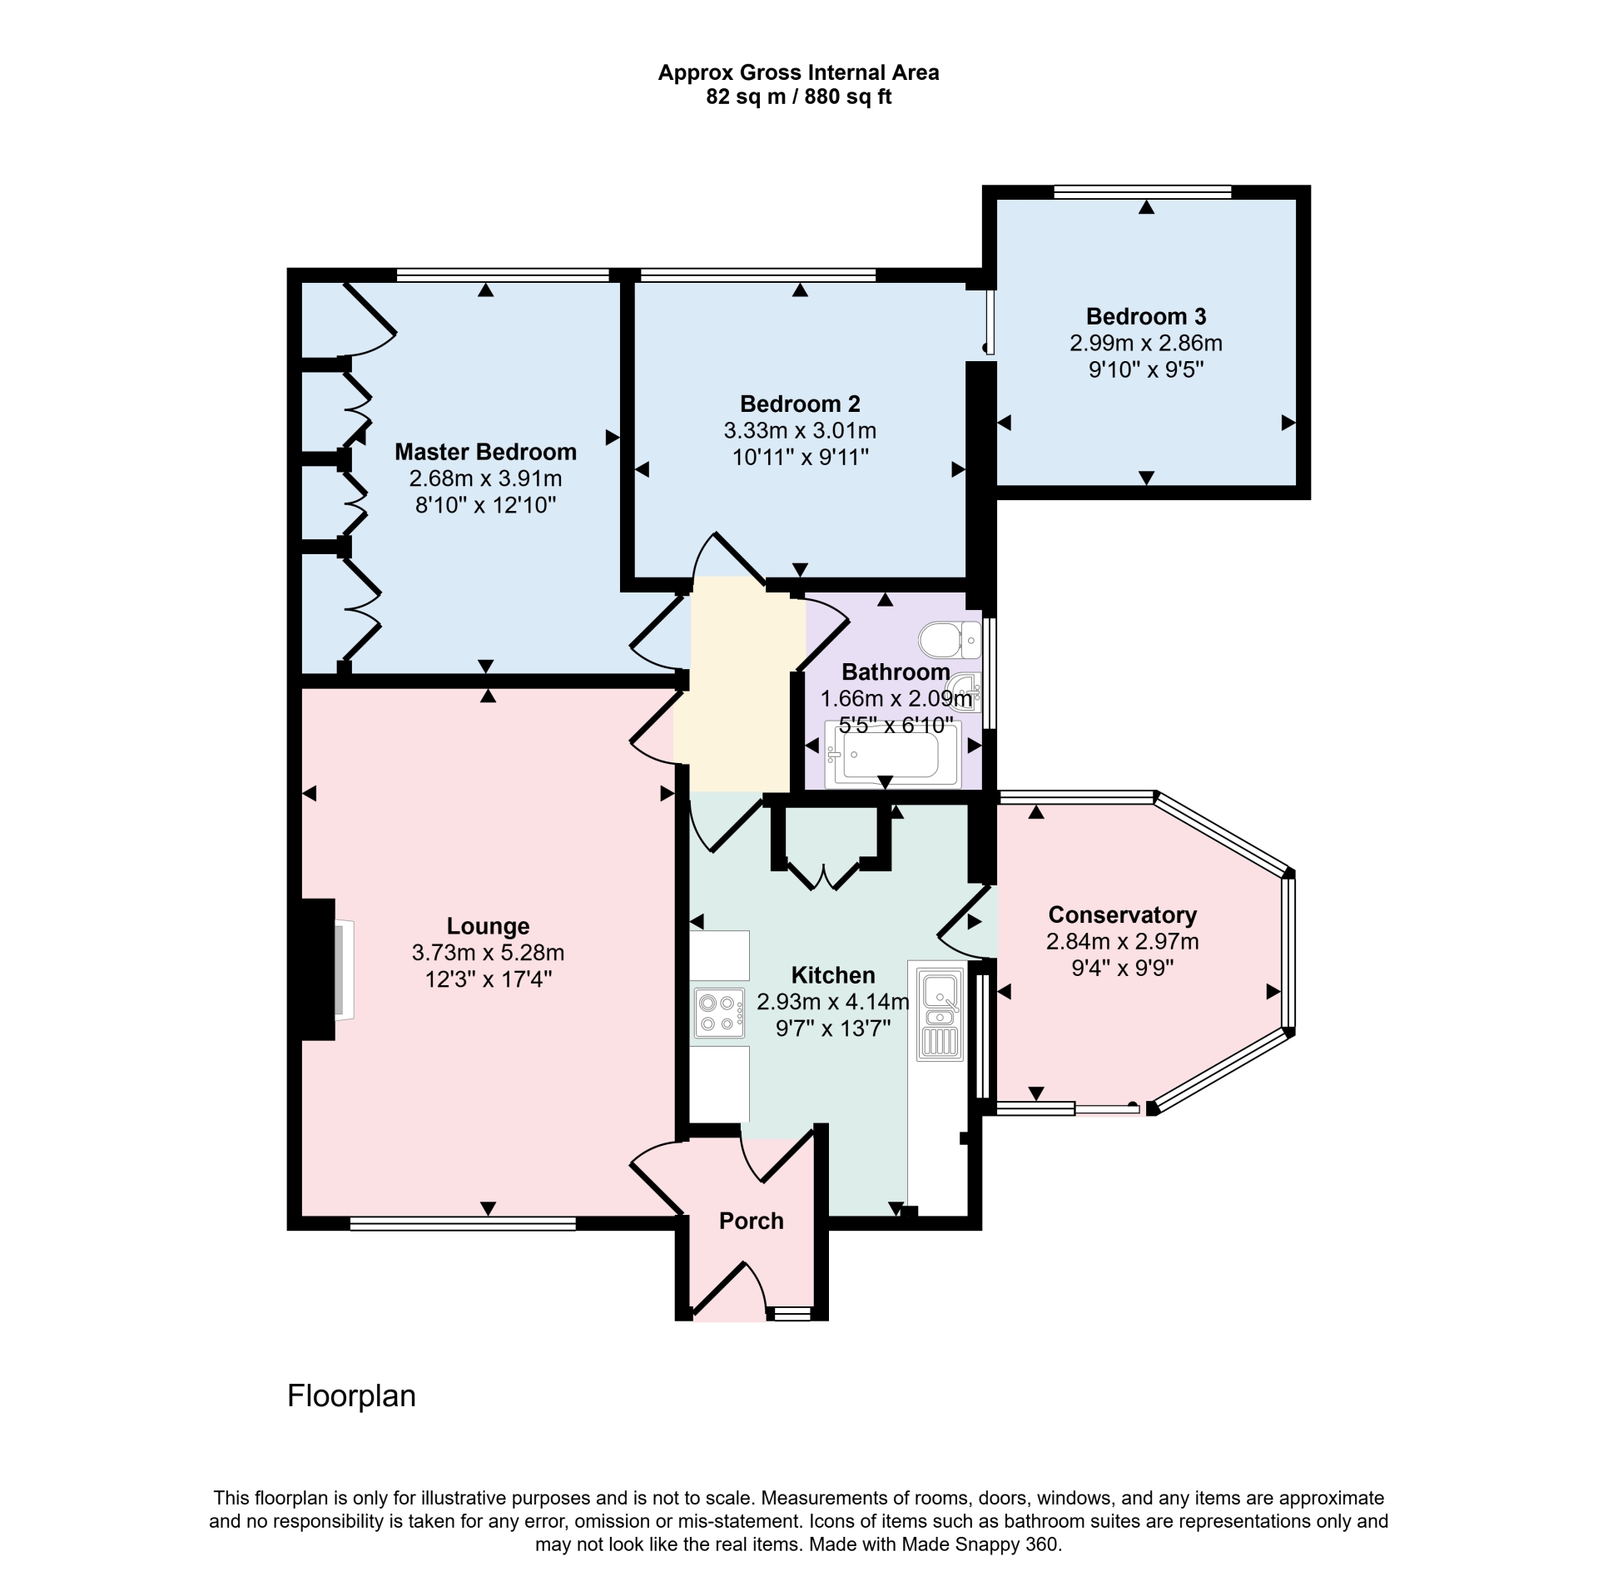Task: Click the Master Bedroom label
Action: coord(485,452)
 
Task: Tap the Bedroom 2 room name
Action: coord(800,404)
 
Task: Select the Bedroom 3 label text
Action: coord(1146,316)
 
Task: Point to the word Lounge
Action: coord(488,926)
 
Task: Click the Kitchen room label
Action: coord(833,975)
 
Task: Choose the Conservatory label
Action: coord(1122,915)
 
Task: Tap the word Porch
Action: coord(752,1221)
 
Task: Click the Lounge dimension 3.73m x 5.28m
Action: coord(488,953)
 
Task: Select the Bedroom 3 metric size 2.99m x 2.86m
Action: coord(1146,343)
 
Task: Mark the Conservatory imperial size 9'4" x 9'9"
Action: coord(1122,969)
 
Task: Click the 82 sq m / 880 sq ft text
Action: coord(799,97)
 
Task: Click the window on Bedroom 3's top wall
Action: coord(1142,191)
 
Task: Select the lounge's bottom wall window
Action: coord(463,1223)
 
